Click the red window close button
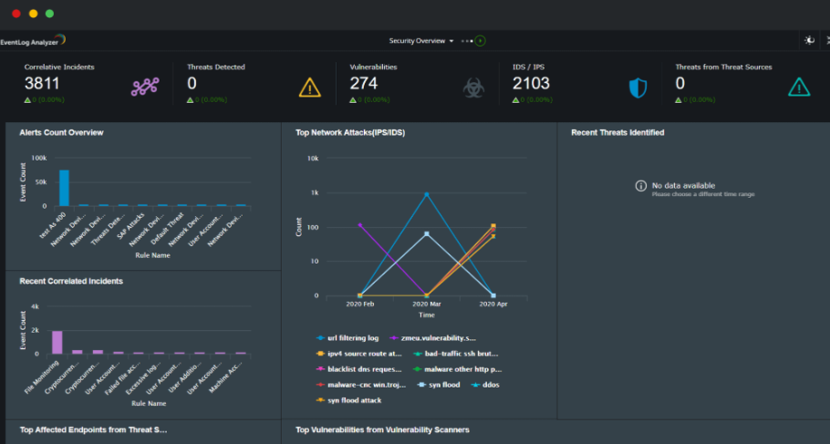coord(16,14)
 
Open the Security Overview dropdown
coord(421,41)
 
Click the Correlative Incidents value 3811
coord(43,84)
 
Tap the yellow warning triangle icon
coord(310,88)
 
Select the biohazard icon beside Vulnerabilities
coord(472,88)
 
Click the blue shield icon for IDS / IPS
coord(638,88)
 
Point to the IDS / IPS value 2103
coord(531,84)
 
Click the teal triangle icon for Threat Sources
coord(799,88)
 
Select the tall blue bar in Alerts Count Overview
coord(64,188)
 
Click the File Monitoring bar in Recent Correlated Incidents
coord(57,342)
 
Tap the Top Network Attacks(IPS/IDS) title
coord(350,132)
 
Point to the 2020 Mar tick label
coord(426,304)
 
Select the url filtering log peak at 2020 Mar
coord(426,194)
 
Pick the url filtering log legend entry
coord(348,338)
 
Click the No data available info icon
coord(641,186)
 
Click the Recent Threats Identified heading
coord(617,132)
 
